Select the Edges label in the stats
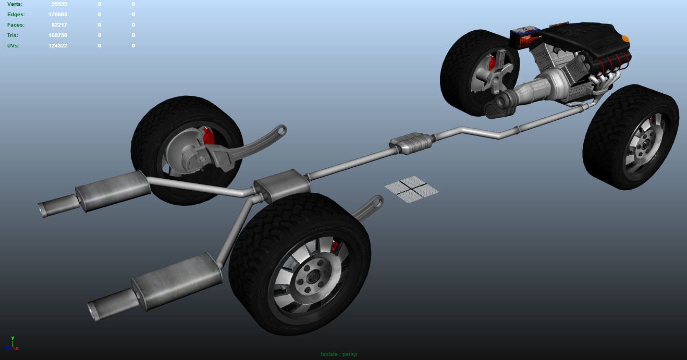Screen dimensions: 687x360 [16, 15]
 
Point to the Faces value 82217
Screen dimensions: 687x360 [59, 25]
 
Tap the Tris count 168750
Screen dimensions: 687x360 [58, 35]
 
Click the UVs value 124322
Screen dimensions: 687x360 [58, 46]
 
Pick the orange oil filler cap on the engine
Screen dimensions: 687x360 [625, 39]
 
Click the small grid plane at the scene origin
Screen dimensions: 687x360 [412, 189]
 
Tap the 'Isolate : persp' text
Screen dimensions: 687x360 [339, 354]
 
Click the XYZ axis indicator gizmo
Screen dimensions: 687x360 [13, 343]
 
